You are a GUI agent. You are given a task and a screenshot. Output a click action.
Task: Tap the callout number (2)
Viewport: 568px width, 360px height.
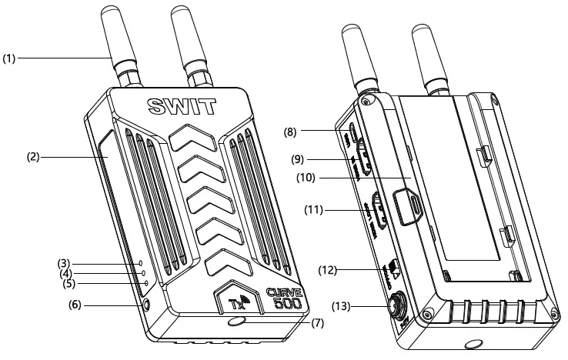pyautogui.click(x=32, y=157)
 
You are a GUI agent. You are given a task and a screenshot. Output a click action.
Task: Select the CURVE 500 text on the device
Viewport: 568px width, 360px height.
pyautogui.click(x=287, y=298)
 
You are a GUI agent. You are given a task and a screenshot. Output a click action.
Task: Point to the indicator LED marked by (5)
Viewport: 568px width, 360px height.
pyautogui.click(x=146, y=284)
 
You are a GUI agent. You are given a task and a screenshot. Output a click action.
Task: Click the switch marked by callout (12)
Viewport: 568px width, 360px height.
pyautogui.click(x=393, y=267)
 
